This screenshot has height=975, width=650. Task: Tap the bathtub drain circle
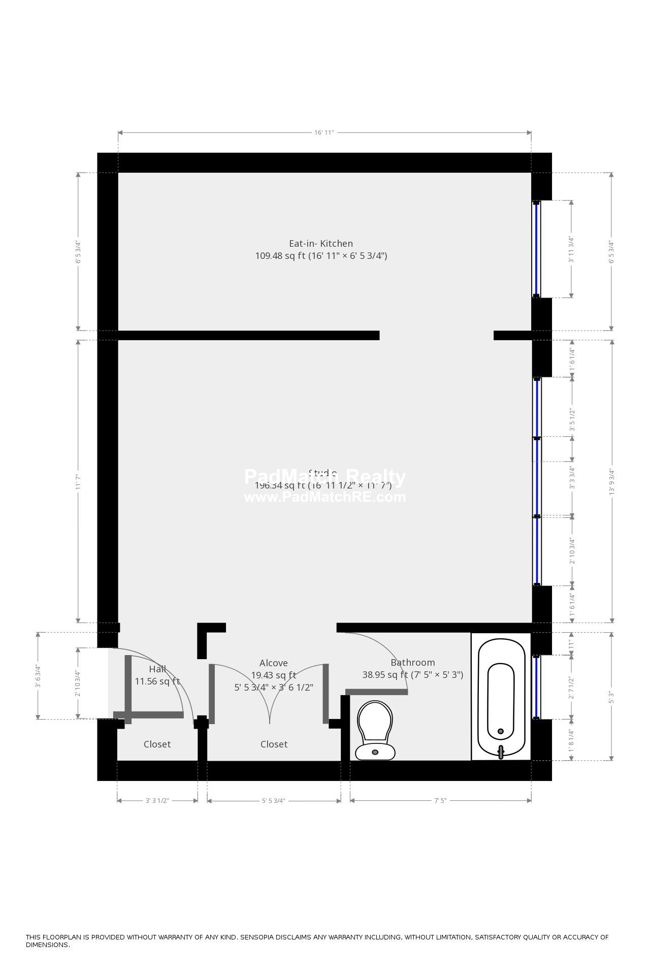pos(501,731)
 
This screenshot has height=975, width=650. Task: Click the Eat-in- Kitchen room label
pos(320,243)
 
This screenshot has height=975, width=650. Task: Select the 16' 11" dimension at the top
pos(323,133)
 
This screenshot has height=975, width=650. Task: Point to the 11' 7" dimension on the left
pos(78,481)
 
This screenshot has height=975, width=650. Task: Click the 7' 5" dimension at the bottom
pos(440,800)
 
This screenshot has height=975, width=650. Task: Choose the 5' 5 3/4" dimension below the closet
pos(273,800)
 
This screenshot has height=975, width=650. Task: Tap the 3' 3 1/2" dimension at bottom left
pos(157,800)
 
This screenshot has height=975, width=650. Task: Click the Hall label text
pos(157,669)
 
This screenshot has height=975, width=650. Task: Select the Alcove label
pos(273,663)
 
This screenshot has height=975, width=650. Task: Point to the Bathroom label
pos(412,662)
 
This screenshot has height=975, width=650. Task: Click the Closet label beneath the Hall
pos(157,744)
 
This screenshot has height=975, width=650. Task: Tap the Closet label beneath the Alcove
pos(274,744)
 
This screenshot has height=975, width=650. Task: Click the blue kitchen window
pos(536,249)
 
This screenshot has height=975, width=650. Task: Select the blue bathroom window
pos(537,687)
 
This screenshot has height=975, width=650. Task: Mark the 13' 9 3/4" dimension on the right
pos(612,481)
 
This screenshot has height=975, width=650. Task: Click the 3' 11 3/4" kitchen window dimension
pos(571,249)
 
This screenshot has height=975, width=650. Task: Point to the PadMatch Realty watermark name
pos(325,477)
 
